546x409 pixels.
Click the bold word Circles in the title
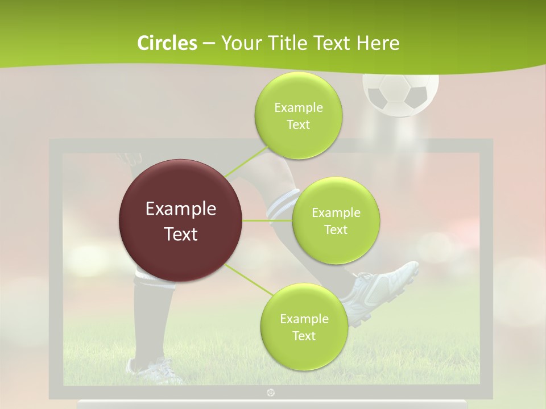(167, 43)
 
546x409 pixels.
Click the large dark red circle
(181, 220)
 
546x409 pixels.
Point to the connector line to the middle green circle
(267, 220)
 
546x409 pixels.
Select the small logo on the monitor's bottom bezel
(271, 392)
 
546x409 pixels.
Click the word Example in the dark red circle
(181, 209)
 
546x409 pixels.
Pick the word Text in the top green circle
(298, 125)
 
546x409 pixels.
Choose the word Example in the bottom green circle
(304, 319)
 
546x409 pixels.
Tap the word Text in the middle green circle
(336, 230)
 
